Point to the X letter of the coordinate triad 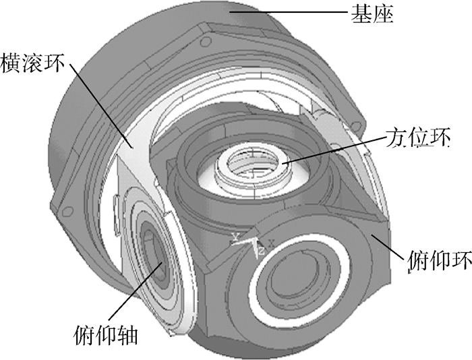270,241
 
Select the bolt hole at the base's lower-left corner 66,210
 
